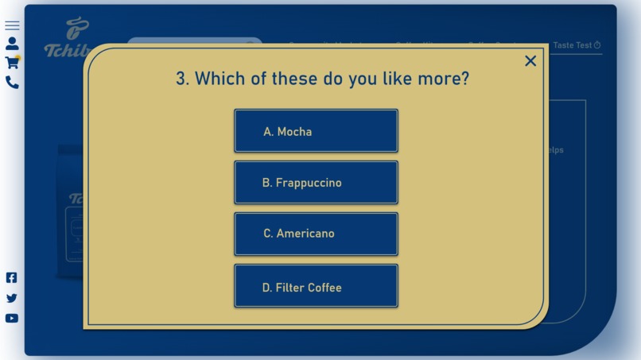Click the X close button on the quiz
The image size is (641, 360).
530,61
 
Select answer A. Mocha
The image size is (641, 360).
316,131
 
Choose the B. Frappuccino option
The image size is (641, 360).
316,183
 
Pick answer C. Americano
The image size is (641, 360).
316,234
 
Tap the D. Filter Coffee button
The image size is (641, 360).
316,287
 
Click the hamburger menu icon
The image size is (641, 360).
12,25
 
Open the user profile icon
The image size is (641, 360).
12,44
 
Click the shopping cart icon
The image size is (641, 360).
12,63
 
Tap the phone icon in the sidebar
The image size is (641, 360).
12,82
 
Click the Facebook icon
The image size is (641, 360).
12,277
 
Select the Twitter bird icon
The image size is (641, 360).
12,298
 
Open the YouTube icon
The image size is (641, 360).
12,318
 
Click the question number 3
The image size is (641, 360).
182,79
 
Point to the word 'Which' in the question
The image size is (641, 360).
220,79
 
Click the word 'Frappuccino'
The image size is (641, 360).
309,183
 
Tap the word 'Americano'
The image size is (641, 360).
305,234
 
